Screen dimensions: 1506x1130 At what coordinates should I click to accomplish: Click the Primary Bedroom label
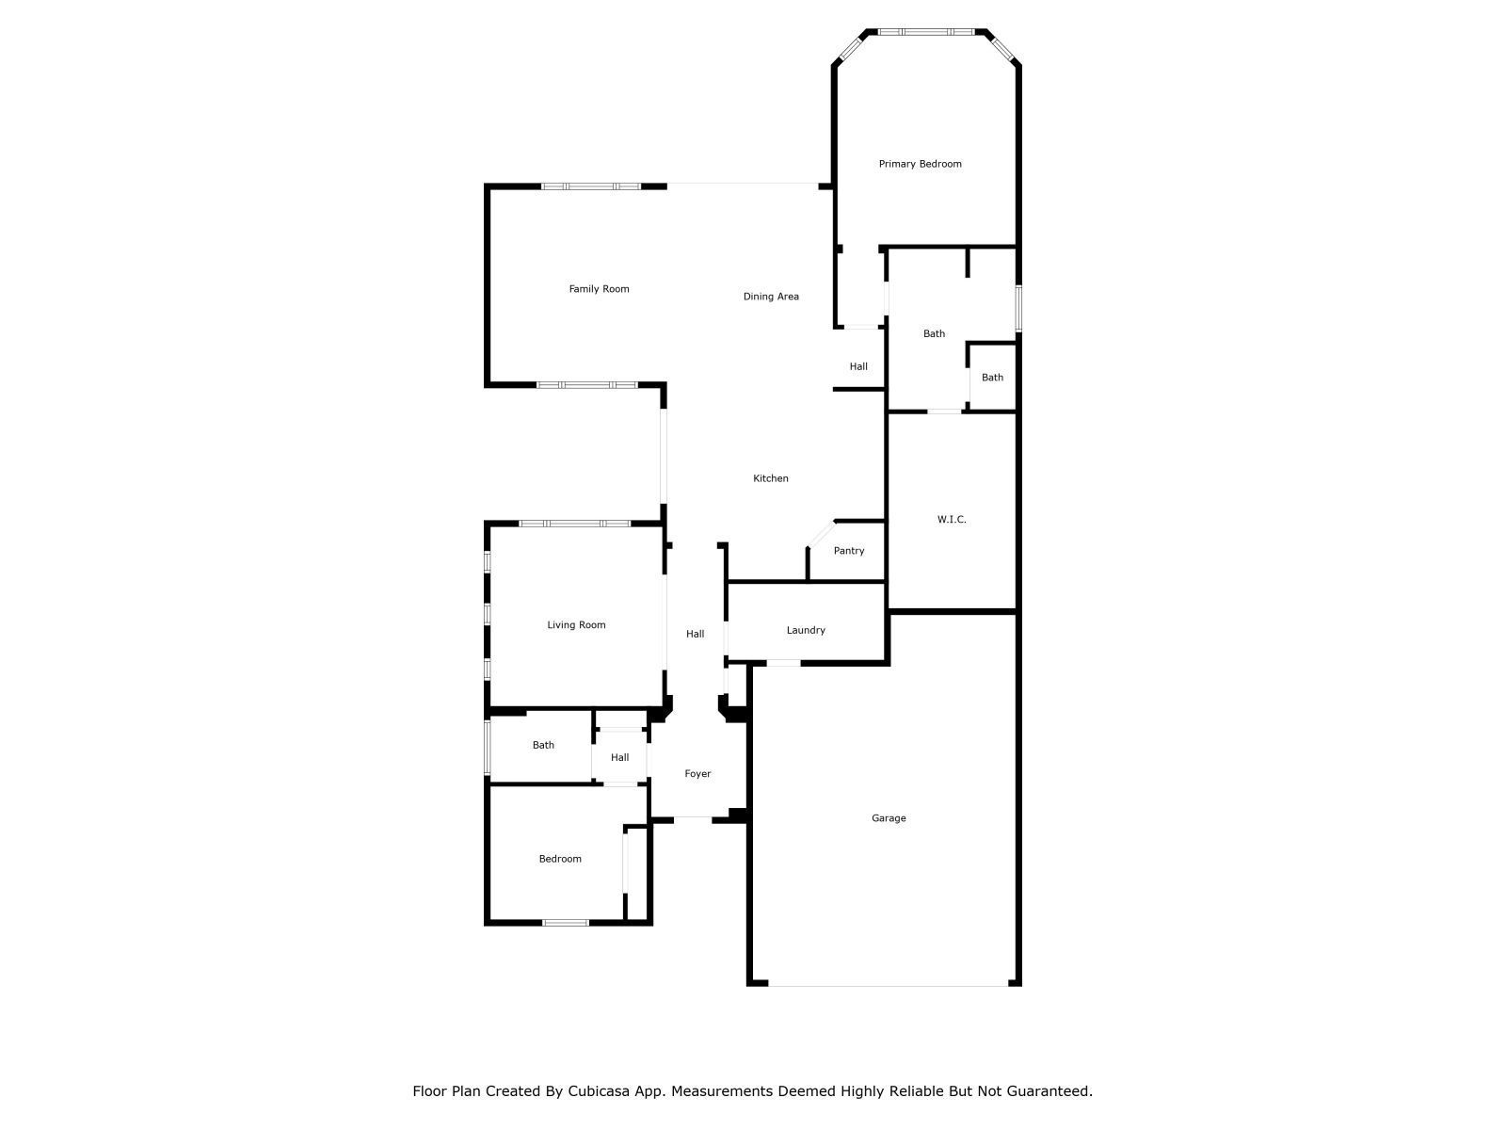tap(920, 164)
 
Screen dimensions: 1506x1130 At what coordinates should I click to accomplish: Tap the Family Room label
tap(599, 289)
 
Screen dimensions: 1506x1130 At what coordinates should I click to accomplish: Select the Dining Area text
tap(771, 297)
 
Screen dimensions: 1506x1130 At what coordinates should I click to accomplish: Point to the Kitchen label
tap(771, 478)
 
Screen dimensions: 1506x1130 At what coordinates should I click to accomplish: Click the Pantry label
tap(849, 550)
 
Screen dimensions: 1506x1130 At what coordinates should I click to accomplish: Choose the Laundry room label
tap(806, 630)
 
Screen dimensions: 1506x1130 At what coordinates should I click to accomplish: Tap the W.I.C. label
tap(951, 520)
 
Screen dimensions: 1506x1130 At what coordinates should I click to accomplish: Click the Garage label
tap(889, 817)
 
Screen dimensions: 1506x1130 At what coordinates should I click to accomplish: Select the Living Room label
tap(576, 625)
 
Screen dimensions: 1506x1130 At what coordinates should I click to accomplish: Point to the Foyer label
tap(697, 774)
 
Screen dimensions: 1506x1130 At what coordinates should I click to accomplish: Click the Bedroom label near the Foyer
tap(560, 859)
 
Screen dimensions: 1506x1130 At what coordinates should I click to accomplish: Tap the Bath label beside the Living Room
tap(543, 745)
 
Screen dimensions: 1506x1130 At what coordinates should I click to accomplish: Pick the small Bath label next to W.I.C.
tap(992, 378)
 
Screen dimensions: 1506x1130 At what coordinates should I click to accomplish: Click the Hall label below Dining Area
tap(858, 366)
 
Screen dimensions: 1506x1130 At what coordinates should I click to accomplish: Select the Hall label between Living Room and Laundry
tap(695, 634)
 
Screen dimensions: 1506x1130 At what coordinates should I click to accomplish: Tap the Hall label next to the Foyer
tap(619, 757)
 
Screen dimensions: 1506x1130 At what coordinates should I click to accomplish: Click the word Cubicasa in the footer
tap(599, 1090)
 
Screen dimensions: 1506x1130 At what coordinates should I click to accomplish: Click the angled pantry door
tap(822, 534)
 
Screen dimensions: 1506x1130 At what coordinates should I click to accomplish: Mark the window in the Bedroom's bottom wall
tap(566, 923)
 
